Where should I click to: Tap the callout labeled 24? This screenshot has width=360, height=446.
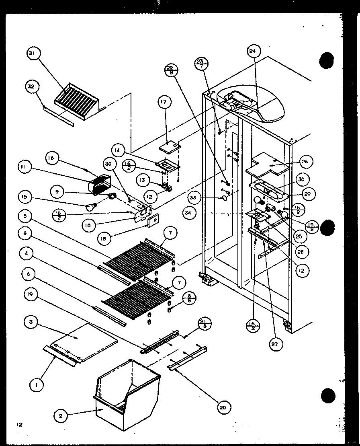(x=252, y=51)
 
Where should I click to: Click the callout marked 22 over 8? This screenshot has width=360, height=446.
(x=171, y=70)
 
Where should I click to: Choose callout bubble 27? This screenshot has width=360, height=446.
(x=276, y=344)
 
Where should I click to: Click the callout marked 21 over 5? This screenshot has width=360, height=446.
(x=204, y=323)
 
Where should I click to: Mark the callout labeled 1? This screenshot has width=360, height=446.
(x=37, y=385)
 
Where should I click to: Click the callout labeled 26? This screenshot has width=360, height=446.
(x=304, y=162)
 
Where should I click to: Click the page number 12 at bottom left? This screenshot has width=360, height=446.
(x=19, y=424)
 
